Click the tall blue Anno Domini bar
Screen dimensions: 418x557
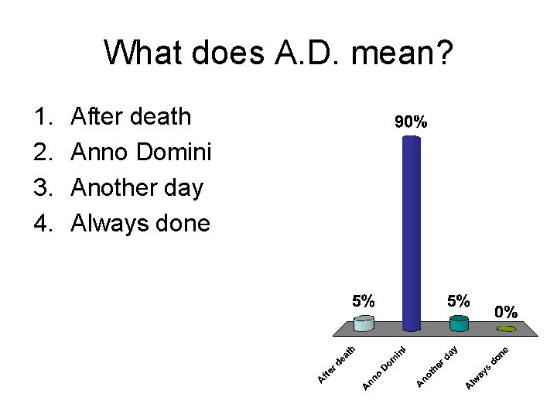click(412, 232)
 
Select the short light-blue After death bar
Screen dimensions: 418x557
click(364, 324)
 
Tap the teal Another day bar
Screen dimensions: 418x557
click(459, 324)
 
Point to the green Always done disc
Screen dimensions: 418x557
click(507, 329)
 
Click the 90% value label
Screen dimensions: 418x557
click(411, 122)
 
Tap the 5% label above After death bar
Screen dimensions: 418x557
click(364, 301)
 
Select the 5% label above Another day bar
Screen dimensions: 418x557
click(459, 301)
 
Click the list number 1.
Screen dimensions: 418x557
click(41, 117)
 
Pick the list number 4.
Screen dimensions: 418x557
click(41, 224)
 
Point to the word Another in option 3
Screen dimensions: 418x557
click(112, 188)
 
